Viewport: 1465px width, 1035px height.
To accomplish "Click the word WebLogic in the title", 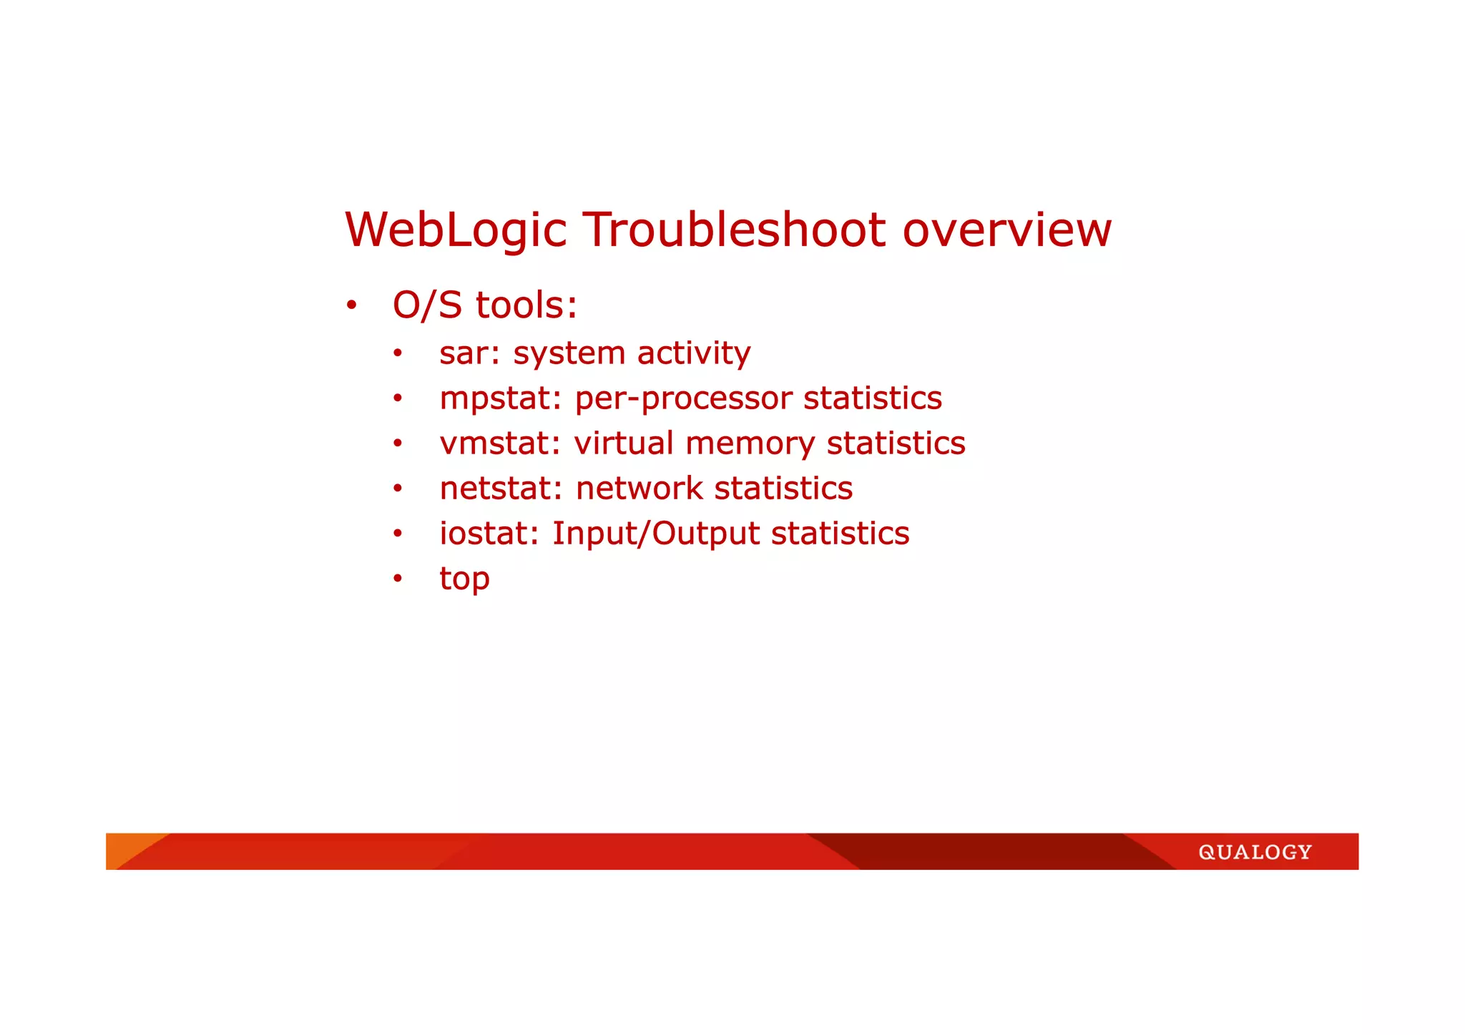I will tap(456, 230).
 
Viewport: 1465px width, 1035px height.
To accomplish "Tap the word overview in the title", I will tap(1006, 230).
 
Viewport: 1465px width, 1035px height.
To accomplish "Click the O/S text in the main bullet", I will tap(427, 305).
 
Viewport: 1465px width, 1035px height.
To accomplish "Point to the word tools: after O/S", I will tap(526, 305).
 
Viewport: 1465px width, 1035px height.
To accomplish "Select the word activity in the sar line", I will tap(693, 353).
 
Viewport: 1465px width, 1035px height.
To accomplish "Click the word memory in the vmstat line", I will tap(750, 443).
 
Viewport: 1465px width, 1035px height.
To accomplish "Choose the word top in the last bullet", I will tap(464, 579).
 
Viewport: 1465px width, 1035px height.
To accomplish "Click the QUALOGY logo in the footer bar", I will tap(1255, 852).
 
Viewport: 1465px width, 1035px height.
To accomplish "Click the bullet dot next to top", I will tap(398, 579).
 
